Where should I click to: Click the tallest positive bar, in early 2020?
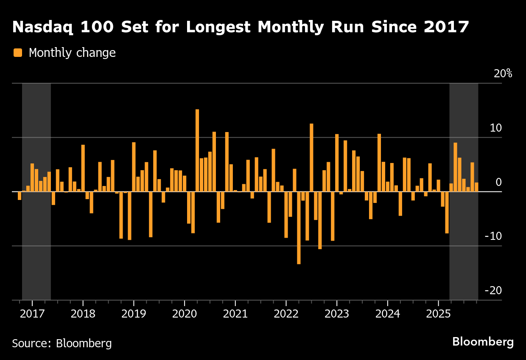[197, 150]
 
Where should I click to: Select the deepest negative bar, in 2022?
[299, 228]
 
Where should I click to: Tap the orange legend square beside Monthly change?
[18, 53]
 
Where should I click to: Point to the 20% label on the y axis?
[503, 73]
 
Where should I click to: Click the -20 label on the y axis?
[493, 291]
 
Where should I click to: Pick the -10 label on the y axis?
[493, 236]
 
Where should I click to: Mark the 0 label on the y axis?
[499, 182]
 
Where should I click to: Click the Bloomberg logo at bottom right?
[483, 342]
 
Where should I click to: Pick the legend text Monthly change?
[72, 53]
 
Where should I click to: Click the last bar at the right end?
[476, 187]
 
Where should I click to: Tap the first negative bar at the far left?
[20, 195]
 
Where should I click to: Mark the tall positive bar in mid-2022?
[311, 157]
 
